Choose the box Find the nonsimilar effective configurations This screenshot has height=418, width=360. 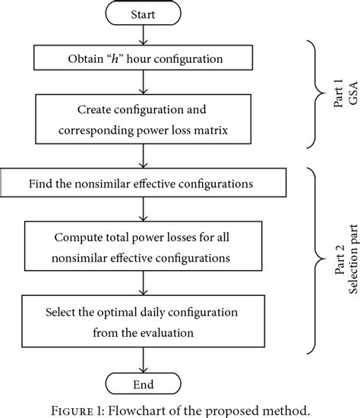[x=144, y=184]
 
